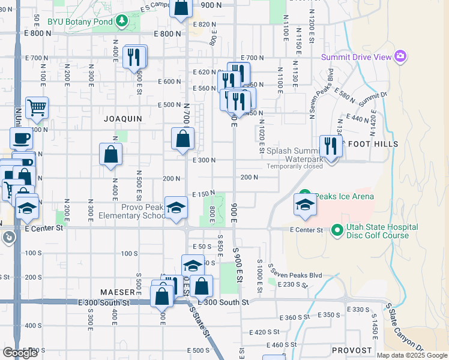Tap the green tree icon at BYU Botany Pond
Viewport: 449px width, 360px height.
click(122, 21)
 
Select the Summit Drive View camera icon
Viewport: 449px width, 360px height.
click(400, 57)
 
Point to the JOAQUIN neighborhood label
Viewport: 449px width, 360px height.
click(123, 119)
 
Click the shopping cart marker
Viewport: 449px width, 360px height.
click(37, 109)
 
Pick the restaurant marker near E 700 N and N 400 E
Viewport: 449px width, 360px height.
click(134, 58)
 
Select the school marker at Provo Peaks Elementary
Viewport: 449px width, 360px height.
click(176, 208)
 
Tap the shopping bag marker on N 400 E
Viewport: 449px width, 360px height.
click(111, 155)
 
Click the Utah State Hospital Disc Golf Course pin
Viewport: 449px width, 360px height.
click(337, 229)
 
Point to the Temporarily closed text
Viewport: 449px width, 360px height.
click(295, 166)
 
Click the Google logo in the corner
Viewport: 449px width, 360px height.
click(20, 353)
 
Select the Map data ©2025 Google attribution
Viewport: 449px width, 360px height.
click(412, 355)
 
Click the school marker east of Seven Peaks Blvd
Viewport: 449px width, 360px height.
click(305, 205)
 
